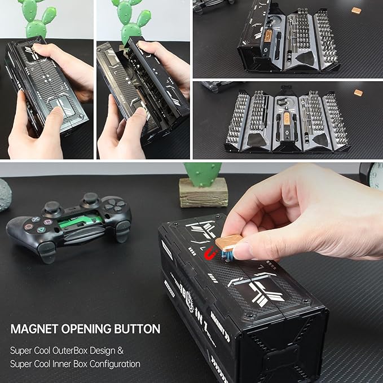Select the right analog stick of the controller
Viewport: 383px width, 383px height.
pos(90,199)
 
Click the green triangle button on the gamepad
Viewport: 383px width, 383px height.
pos(41,230)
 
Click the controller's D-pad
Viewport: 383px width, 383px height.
pos(115,205)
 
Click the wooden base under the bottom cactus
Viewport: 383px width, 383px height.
pos(203,192)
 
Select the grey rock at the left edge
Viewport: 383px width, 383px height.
pos(5,195)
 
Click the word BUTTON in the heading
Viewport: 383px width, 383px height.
pos(136,329)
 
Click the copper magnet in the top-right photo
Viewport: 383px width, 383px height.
pos(356,10)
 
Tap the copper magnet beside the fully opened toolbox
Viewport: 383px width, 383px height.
pos(358,93)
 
